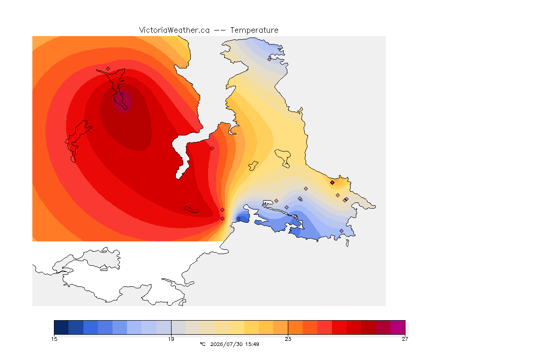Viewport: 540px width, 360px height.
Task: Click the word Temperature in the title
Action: click(x=254, y=30)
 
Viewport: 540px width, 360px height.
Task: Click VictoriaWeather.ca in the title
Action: click(x=174, y=30)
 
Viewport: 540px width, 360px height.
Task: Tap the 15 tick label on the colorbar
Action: click(x=54, y=339)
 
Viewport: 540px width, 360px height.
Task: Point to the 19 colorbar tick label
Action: click(x=171, y=339)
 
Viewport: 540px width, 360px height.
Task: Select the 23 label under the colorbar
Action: click(x=288, y=339)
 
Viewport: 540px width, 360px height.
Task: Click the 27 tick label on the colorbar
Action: click(x=405, y=339)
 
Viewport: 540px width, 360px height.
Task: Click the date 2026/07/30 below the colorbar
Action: click(x=226, y=344)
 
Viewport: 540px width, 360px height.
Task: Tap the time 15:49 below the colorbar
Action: click(x=252, y=344)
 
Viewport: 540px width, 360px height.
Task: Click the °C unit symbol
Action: click(x=202, y=344)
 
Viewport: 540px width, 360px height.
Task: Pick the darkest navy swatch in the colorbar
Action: click(x=61, y=327)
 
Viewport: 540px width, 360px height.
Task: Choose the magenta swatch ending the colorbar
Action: click(x=398, y=327)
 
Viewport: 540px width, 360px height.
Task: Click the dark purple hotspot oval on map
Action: click(x=123, y=101)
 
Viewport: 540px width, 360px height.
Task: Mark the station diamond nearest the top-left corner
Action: click(x=108, y=69)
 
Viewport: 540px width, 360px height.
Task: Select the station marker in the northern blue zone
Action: click(x=270, y=59)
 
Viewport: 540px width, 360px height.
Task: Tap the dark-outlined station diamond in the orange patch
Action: click(x=332, y=183)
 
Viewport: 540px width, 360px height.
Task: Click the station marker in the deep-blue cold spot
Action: click(x=238, y=219)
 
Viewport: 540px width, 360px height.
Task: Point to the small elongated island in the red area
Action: click(x=192, y=210)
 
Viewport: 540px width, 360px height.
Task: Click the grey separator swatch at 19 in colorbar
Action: click(x=179, y=327)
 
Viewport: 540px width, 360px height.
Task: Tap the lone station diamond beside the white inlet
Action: click(x=212, y=149)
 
